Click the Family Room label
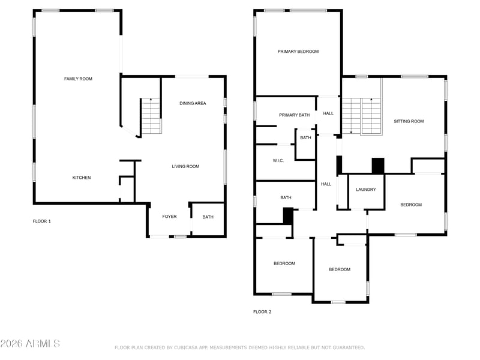(78, 79)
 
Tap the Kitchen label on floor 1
(82, 178)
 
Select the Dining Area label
(193, 103)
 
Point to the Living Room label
(185, 166)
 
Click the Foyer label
(169, 217)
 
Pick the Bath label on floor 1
(208, 217)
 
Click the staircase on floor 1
(151, 116)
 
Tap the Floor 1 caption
(42, 221)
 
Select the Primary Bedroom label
(298, 52)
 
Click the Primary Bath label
(294, 115)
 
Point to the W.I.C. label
(278, 160)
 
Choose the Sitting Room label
(409, 121)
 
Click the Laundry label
(366, 190)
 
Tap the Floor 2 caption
(262, 311)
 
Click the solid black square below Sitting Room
(378, 166)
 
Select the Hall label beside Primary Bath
(328, 113)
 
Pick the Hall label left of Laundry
(326, 184)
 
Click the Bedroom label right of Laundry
(411, 205)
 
